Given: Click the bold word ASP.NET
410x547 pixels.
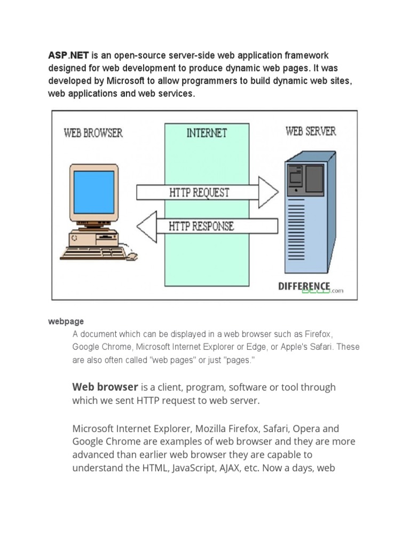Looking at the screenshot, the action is [x=68, y=56].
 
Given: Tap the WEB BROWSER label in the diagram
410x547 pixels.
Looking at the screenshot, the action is [x=93, y=133].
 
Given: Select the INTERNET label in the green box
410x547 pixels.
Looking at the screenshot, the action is [x=207, y=134].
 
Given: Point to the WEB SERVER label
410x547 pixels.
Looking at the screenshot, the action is [x=311, y=131].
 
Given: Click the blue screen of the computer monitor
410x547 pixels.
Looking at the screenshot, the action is [x=94, y=192].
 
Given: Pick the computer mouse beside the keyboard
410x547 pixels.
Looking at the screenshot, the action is [x=131, y=257].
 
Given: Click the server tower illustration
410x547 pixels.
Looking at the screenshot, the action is [x=310, y=214].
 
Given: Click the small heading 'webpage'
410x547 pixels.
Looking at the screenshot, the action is [x=66, y=322].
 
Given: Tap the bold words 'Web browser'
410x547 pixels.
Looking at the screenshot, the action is [x=105, y=387].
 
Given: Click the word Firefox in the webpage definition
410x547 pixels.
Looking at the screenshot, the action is [x=318, y=334].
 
